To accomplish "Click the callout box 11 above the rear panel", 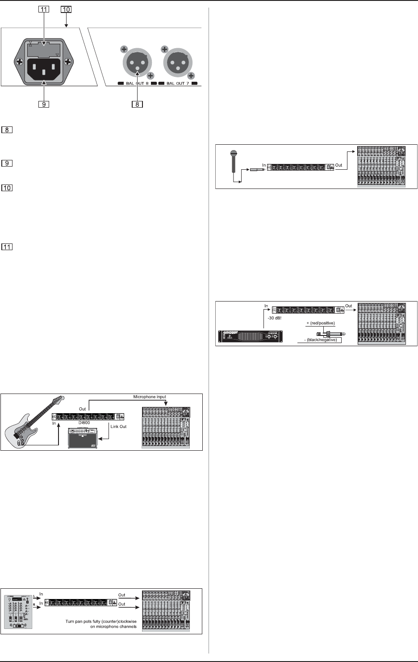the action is point(43,9).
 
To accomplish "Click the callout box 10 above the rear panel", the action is point(66,9).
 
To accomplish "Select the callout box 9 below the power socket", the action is point(43,105).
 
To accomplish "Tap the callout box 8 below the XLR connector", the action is point(137,105).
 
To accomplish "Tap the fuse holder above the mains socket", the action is point(43,48).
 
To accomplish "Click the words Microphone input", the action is point(150,397).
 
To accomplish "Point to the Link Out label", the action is point(118,427).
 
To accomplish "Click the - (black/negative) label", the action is point(320,340).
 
